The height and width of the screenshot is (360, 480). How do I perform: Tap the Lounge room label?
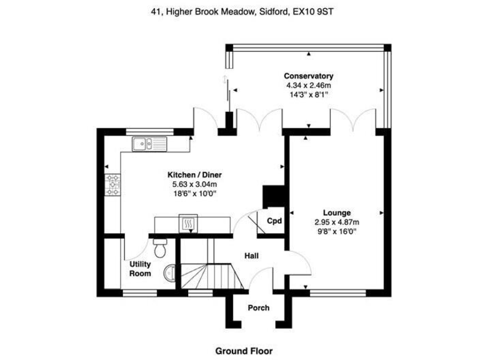[x=336, y=212]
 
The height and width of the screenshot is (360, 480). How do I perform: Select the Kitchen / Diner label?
[x=194, y=176]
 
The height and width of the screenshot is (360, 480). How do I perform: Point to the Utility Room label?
[x=140, y=269]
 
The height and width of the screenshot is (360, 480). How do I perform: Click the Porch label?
[x=259, y=307]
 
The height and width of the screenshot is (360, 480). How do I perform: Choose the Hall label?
[x=252, y=256]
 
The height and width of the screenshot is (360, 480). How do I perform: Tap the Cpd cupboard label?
[x=274, y=221]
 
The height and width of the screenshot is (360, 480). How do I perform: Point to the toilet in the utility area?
[x=161, y=248]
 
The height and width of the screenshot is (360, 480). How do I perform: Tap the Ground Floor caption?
[x=244, y=351]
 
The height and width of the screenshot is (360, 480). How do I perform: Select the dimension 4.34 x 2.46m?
[x=309, y=85]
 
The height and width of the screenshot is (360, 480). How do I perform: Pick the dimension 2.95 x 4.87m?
[x=336, y=221]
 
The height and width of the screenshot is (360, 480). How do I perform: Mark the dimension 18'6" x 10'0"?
[x=194, y=193]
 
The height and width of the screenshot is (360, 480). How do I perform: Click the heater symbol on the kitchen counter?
[x=187, y=222]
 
